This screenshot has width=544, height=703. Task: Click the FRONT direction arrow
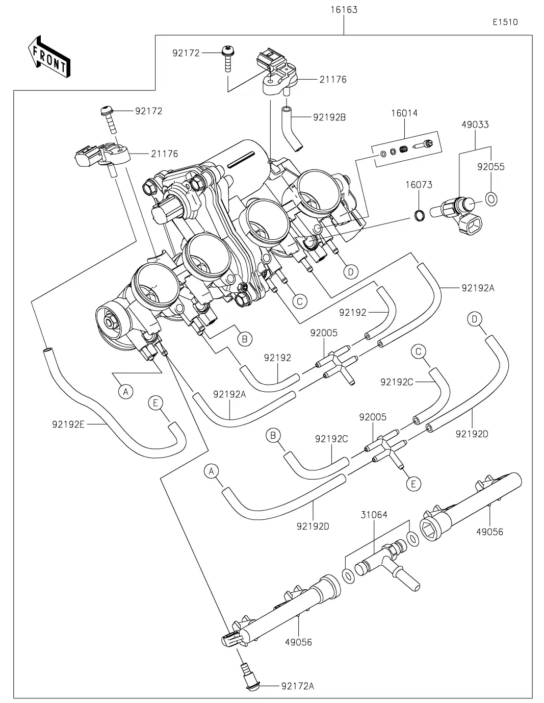pyautogui.click(x=49, y=56)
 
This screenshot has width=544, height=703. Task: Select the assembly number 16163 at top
pyautogui.click(x=344, y=10)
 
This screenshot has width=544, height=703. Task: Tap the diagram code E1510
pyautogui.click(x=505, y=22)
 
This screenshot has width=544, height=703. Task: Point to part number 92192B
pyautogui.click(x=329, y=117)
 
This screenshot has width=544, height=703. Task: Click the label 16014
pyautogui.click(x=404, y=113)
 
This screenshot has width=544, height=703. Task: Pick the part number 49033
pyautogui.click(x=475, y=124)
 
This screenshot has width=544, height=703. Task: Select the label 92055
pyautogui.click(x=490, y=167)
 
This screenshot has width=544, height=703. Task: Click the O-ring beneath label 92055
pyautogui.click(x=491, y=198)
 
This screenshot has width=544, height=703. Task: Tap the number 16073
pyautogui.click(x=419, y=185)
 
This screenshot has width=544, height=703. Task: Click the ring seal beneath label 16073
pyautogui.click(x=418, y=216)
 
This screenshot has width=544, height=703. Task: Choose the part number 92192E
pyautogui.click(x=68, y=423)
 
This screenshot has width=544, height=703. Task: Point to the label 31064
pyautogui.click(x=374, y=515)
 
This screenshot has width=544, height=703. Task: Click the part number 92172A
pyautogui.click(x=297, y=686)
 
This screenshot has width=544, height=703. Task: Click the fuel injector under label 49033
pyautogui.click(x=459, y=212)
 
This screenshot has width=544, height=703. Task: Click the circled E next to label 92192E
pyautogui.click(x=156, y=403)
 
